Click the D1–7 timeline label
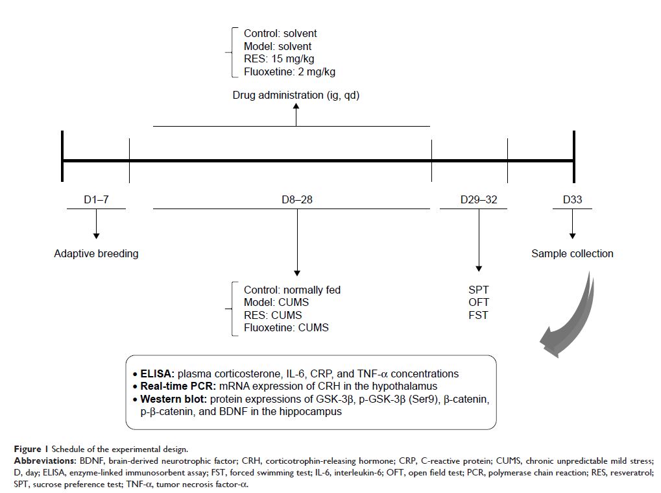pyautogui.click(x=96, y=199)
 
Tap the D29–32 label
pyautogui.click(x=478, y=199)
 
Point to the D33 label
pyautogui.click(x=571, y=199)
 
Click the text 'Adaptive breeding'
pyautogui.click(x=96, y=253)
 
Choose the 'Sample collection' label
pyautogui.click(x=572, y=253)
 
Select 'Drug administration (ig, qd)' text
pyautogui.click(x=296, y=95)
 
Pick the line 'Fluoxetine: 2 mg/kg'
pyautogui.click(x=289, y=72)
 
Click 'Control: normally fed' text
pyautogui.click(x=292, y=290)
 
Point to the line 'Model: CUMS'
pyautogui.click(x=276, y=302)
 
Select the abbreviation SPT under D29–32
pyautogui.click(x=478, y=290)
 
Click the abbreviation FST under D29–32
pyautogui.click(x=478, y=315)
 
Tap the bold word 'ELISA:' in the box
pyautogui.click(x=158, y=373)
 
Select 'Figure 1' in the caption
pyautogui.click(x=30, y=449)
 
